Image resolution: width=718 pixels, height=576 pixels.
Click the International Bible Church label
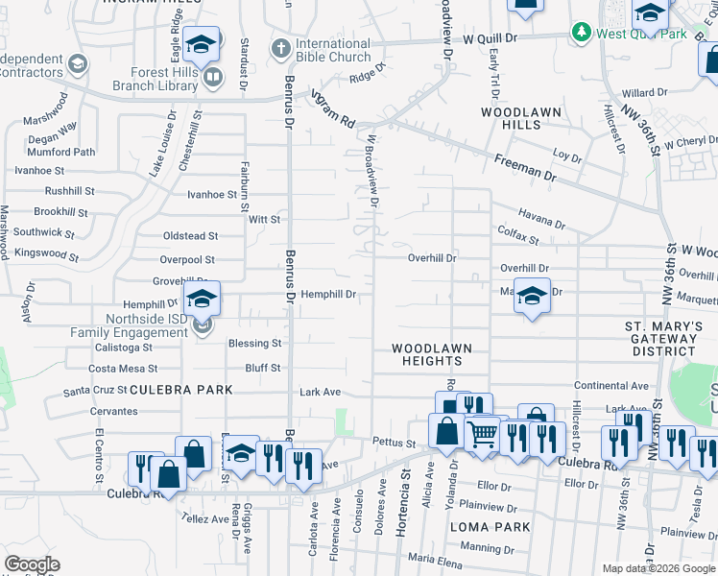tap(332, 50)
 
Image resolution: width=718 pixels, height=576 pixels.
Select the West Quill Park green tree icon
tap(581, 34)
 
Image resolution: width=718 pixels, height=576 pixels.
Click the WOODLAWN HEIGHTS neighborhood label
tap(426, 353)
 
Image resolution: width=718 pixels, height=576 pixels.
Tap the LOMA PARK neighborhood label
tap(490, 527)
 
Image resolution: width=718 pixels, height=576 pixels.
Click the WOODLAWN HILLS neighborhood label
tap(521, 119)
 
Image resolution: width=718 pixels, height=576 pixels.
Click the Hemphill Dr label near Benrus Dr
tap(329, 295)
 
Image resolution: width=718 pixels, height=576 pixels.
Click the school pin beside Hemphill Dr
tap(202, 300)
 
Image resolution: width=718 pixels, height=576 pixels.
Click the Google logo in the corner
tap(32, 564)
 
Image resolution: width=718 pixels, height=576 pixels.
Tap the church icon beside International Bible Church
tap(280, 46)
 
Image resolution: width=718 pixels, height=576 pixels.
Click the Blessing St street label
tap(254, 343)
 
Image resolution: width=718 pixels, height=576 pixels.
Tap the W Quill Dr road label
tap(491, 39)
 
